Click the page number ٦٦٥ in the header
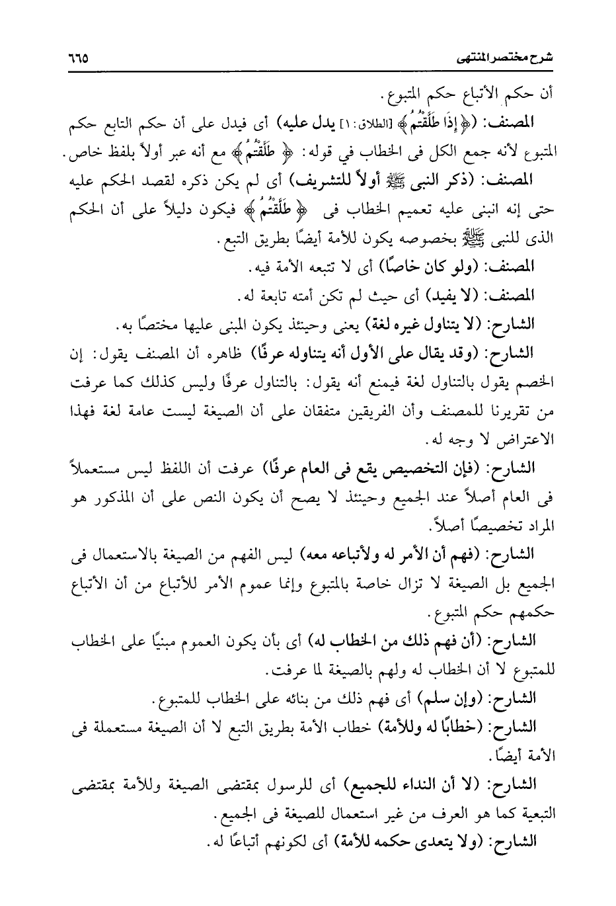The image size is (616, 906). pos(77,58)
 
